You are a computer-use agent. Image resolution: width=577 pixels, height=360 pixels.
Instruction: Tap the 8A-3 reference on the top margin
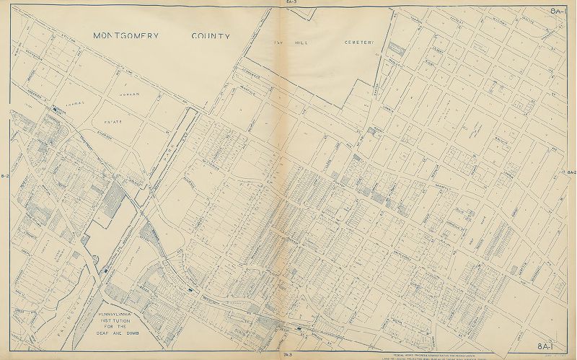coord(291,3)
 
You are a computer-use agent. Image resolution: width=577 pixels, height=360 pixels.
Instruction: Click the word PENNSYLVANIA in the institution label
coord(122,315)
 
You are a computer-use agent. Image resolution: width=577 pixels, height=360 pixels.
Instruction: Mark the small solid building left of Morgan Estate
coord(55,110)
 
